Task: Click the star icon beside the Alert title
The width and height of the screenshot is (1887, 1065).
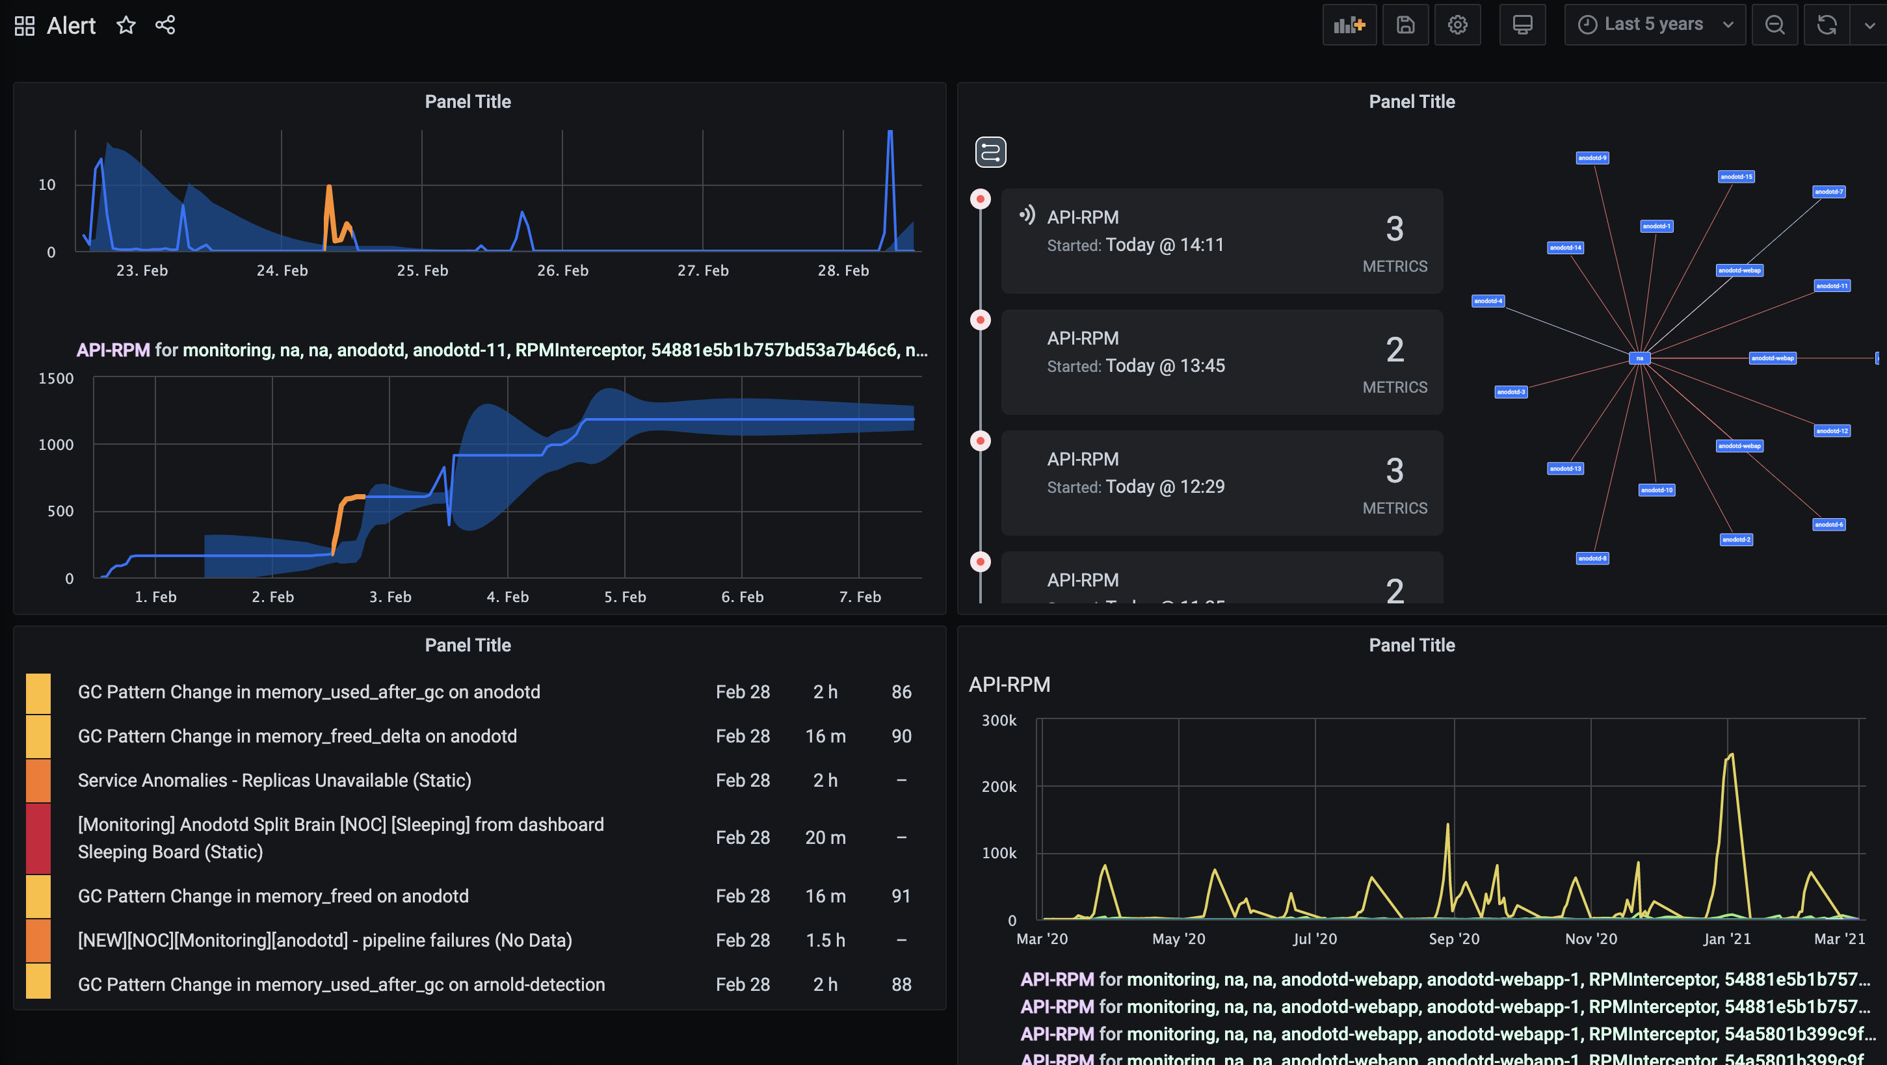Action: click(x=126, y=25)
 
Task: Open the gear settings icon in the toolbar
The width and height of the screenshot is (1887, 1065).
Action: click(x=1457, y=25)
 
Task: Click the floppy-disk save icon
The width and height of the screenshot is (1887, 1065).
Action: click(x=1405, y=25)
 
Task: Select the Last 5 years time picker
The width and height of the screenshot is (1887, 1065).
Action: click(x=1654, y=25)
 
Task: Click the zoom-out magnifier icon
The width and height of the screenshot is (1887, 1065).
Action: click(x=1775, y=25)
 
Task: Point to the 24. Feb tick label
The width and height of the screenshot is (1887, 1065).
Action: click(x=282, y=270)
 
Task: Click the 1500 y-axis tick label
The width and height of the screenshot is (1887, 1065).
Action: click(x=56, y=378)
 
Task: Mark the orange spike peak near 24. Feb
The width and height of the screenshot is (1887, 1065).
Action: click(x=329, y=187)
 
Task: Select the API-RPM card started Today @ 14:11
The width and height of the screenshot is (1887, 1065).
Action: click(x=1221, y=241)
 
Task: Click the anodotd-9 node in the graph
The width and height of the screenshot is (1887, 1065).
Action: click(x=1592, y=158)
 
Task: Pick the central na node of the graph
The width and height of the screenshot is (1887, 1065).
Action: click(x=1639, y=358)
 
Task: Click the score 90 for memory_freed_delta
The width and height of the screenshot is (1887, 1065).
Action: click(x=901, y=736)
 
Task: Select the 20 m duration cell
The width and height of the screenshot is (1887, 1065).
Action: click(x=825, y=837)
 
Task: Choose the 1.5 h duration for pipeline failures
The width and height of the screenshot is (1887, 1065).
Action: click(x=825, y=940)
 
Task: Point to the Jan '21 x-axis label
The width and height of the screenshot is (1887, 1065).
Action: click(x=1726, y=939)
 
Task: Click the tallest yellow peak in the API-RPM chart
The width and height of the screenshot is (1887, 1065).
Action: click(x=1730, y=754)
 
